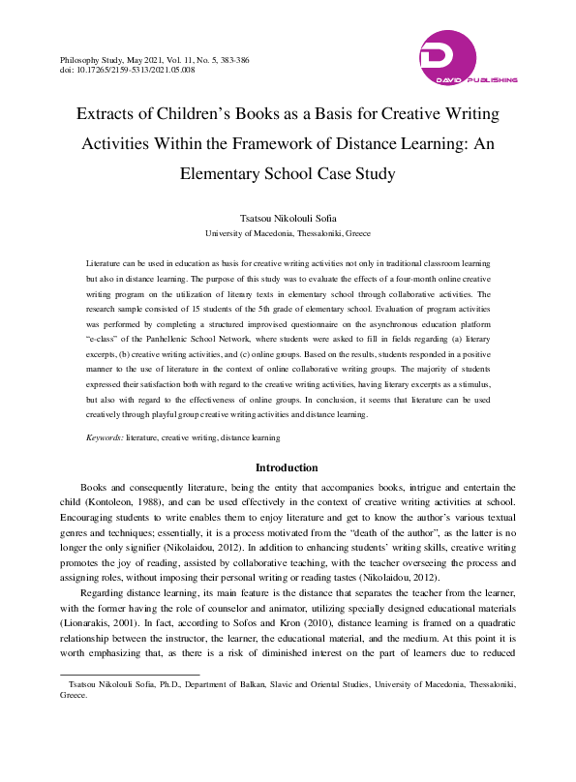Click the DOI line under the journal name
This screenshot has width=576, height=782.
(x=127, y=71)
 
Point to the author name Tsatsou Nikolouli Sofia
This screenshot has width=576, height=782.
(x=288, y=219)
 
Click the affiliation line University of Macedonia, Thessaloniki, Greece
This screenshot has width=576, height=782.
(x=288, y=234)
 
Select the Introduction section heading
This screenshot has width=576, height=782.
(x=287, y=467)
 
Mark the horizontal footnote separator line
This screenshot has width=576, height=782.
(x=129, y=675)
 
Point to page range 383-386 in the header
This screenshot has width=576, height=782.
(x=232, y=60)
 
